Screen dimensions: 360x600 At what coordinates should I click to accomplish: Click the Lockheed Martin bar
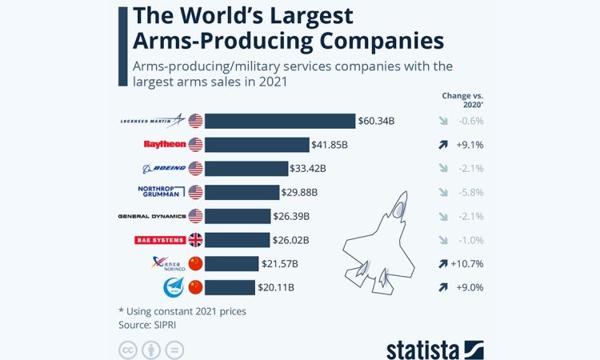click(x=280, y=121)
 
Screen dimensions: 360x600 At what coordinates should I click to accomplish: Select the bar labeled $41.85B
click(x=258, y=145)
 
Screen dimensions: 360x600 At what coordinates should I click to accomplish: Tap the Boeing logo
click(x=163, y=169)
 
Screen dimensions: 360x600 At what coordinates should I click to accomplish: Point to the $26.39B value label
click(x=293, y=216)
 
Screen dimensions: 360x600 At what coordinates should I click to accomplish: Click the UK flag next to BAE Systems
click(x=196, y=240)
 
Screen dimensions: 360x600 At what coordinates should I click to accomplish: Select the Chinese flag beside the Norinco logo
click(x=196, y=263)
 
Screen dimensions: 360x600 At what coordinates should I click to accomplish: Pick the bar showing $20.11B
click(x=230, y=287)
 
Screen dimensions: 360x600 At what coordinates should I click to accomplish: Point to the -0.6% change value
click(x=470, y=121)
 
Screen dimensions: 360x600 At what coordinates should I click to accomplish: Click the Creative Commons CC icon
click(x=127, y=350)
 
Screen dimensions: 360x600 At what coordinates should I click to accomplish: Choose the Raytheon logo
click(x=164, y=145)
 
